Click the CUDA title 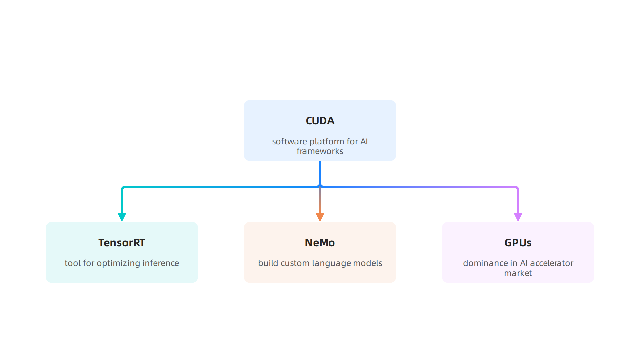click(320, 121)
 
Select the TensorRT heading click(122, 243)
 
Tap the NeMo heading click(320, 243)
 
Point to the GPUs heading click(518, 243)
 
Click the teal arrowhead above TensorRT click(122, 217)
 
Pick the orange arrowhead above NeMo click(320, 217)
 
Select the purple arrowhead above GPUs click(518, 217)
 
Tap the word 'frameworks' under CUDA click(320, 151)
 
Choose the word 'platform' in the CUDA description click(327, 142)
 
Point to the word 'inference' click(161, 263)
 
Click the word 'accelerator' click(552, 263)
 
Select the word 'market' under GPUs click(518, 273)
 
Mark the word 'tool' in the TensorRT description click(73, 263)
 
